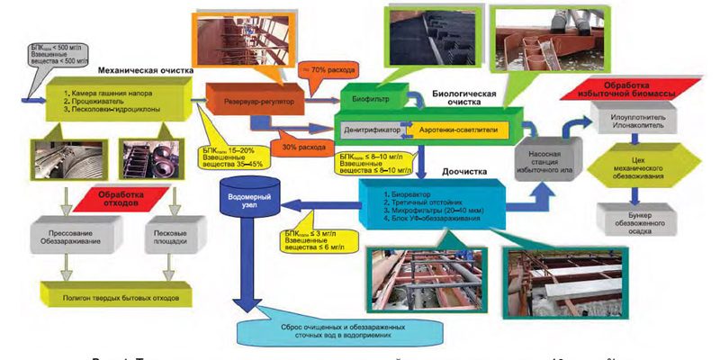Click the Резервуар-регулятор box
(256, 102)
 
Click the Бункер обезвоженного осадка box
(636, 220)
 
